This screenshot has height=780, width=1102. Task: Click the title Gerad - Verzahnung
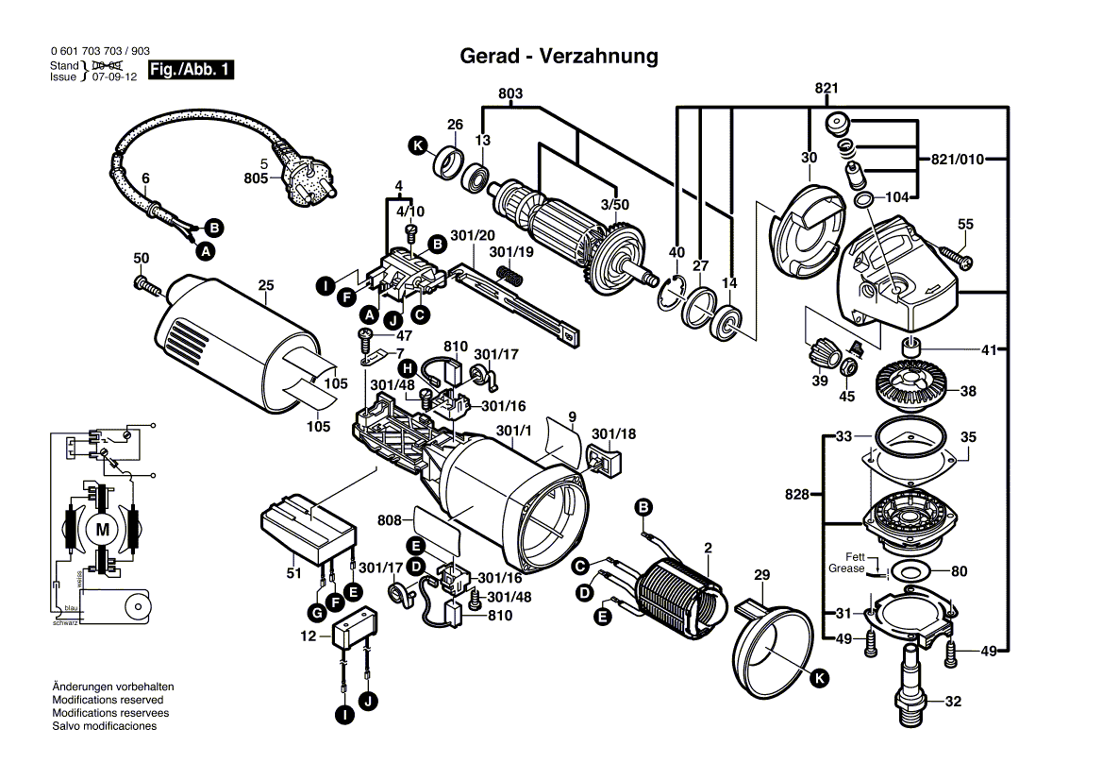coord(559,57)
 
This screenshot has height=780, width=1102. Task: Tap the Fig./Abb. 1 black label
coord(190,71)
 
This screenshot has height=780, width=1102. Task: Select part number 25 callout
coord(265,284)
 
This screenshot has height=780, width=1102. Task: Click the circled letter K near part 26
coord(417,145)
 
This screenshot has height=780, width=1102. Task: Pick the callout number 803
coord(510,93)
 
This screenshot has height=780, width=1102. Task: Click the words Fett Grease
coord(846,563)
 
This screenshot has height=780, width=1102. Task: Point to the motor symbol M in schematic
coord(102,531)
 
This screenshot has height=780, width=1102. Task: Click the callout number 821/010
coord(960,160)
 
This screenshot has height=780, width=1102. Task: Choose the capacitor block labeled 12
coord(354,630)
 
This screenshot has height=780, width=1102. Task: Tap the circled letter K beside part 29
coord(819,676)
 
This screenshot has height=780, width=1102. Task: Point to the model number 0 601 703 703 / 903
coord(99,53)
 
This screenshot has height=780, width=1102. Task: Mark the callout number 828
coord(797,494)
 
